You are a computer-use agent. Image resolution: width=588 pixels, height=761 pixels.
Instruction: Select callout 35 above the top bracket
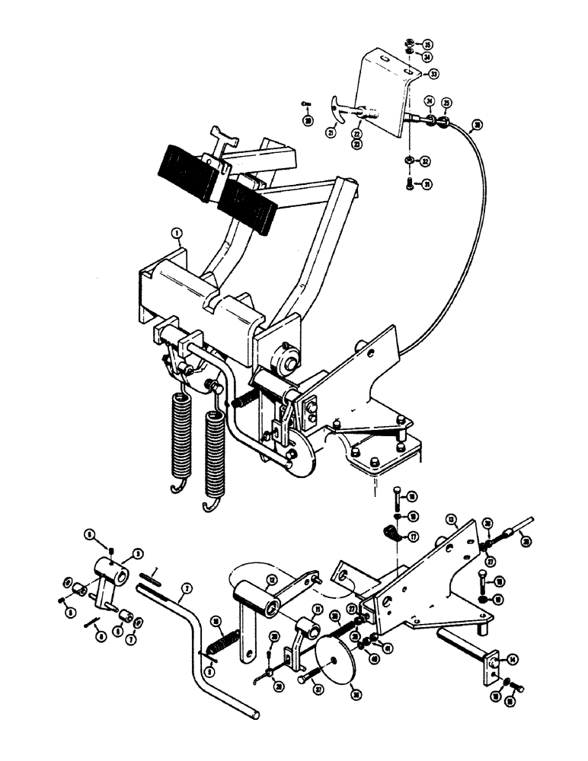(427, 43)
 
